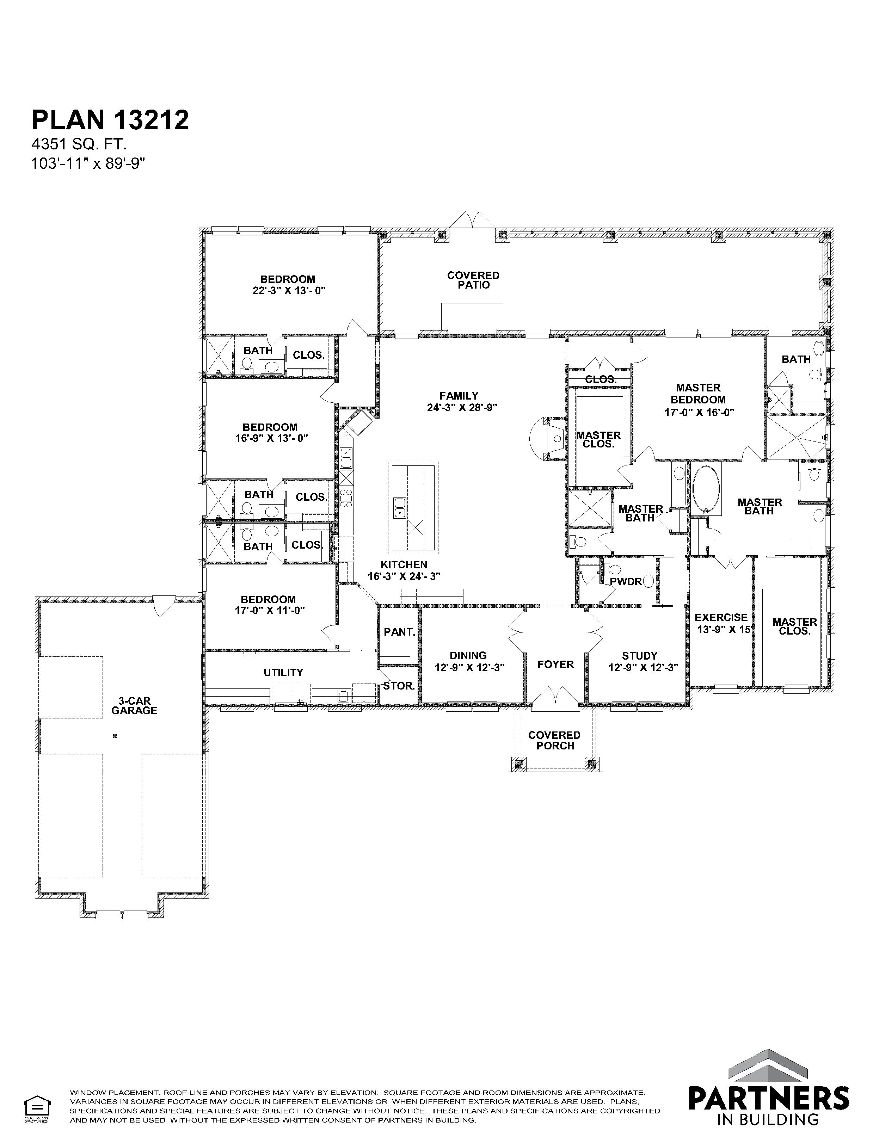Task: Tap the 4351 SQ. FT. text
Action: tap(79, 144)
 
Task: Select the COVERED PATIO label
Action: tap(473, 280)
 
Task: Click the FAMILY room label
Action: tap(458, 396)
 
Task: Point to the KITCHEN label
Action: tap(404, 564)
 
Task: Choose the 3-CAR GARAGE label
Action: tap(134, 706)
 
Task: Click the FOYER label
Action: tap(555, 664)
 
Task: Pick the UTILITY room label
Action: tap(283, 673)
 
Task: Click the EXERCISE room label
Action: tap(721, 618)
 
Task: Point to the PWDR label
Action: tap(626, 582)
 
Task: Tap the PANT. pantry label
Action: tap(399, 632)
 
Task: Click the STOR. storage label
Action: tap(399, 686)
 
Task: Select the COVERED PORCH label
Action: tap(554, 740)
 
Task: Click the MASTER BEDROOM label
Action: tap(698, 394)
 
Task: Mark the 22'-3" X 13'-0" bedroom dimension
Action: tap(289, 291)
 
